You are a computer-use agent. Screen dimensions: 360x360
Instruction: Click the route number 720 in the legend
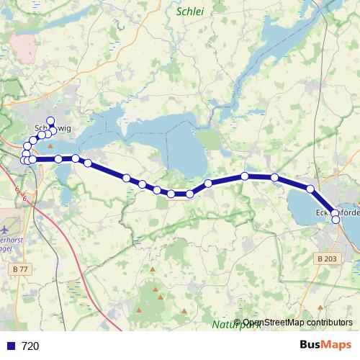point(30,346)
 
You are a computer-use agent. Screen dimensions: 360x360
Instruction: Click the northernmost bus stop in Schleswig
point(50,121)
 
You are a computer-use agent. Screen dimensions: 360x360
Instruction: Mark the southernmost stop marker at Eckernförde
point(336,220)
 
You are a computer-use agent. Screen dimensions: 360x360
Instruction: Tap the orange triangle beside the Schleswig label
point(50,145)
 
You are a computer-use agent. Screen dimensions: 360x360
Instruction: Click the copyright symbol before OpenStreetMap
point(238,323)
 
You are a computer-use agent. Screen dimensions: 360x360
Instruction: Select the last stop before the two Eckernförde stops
point(311,189)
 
